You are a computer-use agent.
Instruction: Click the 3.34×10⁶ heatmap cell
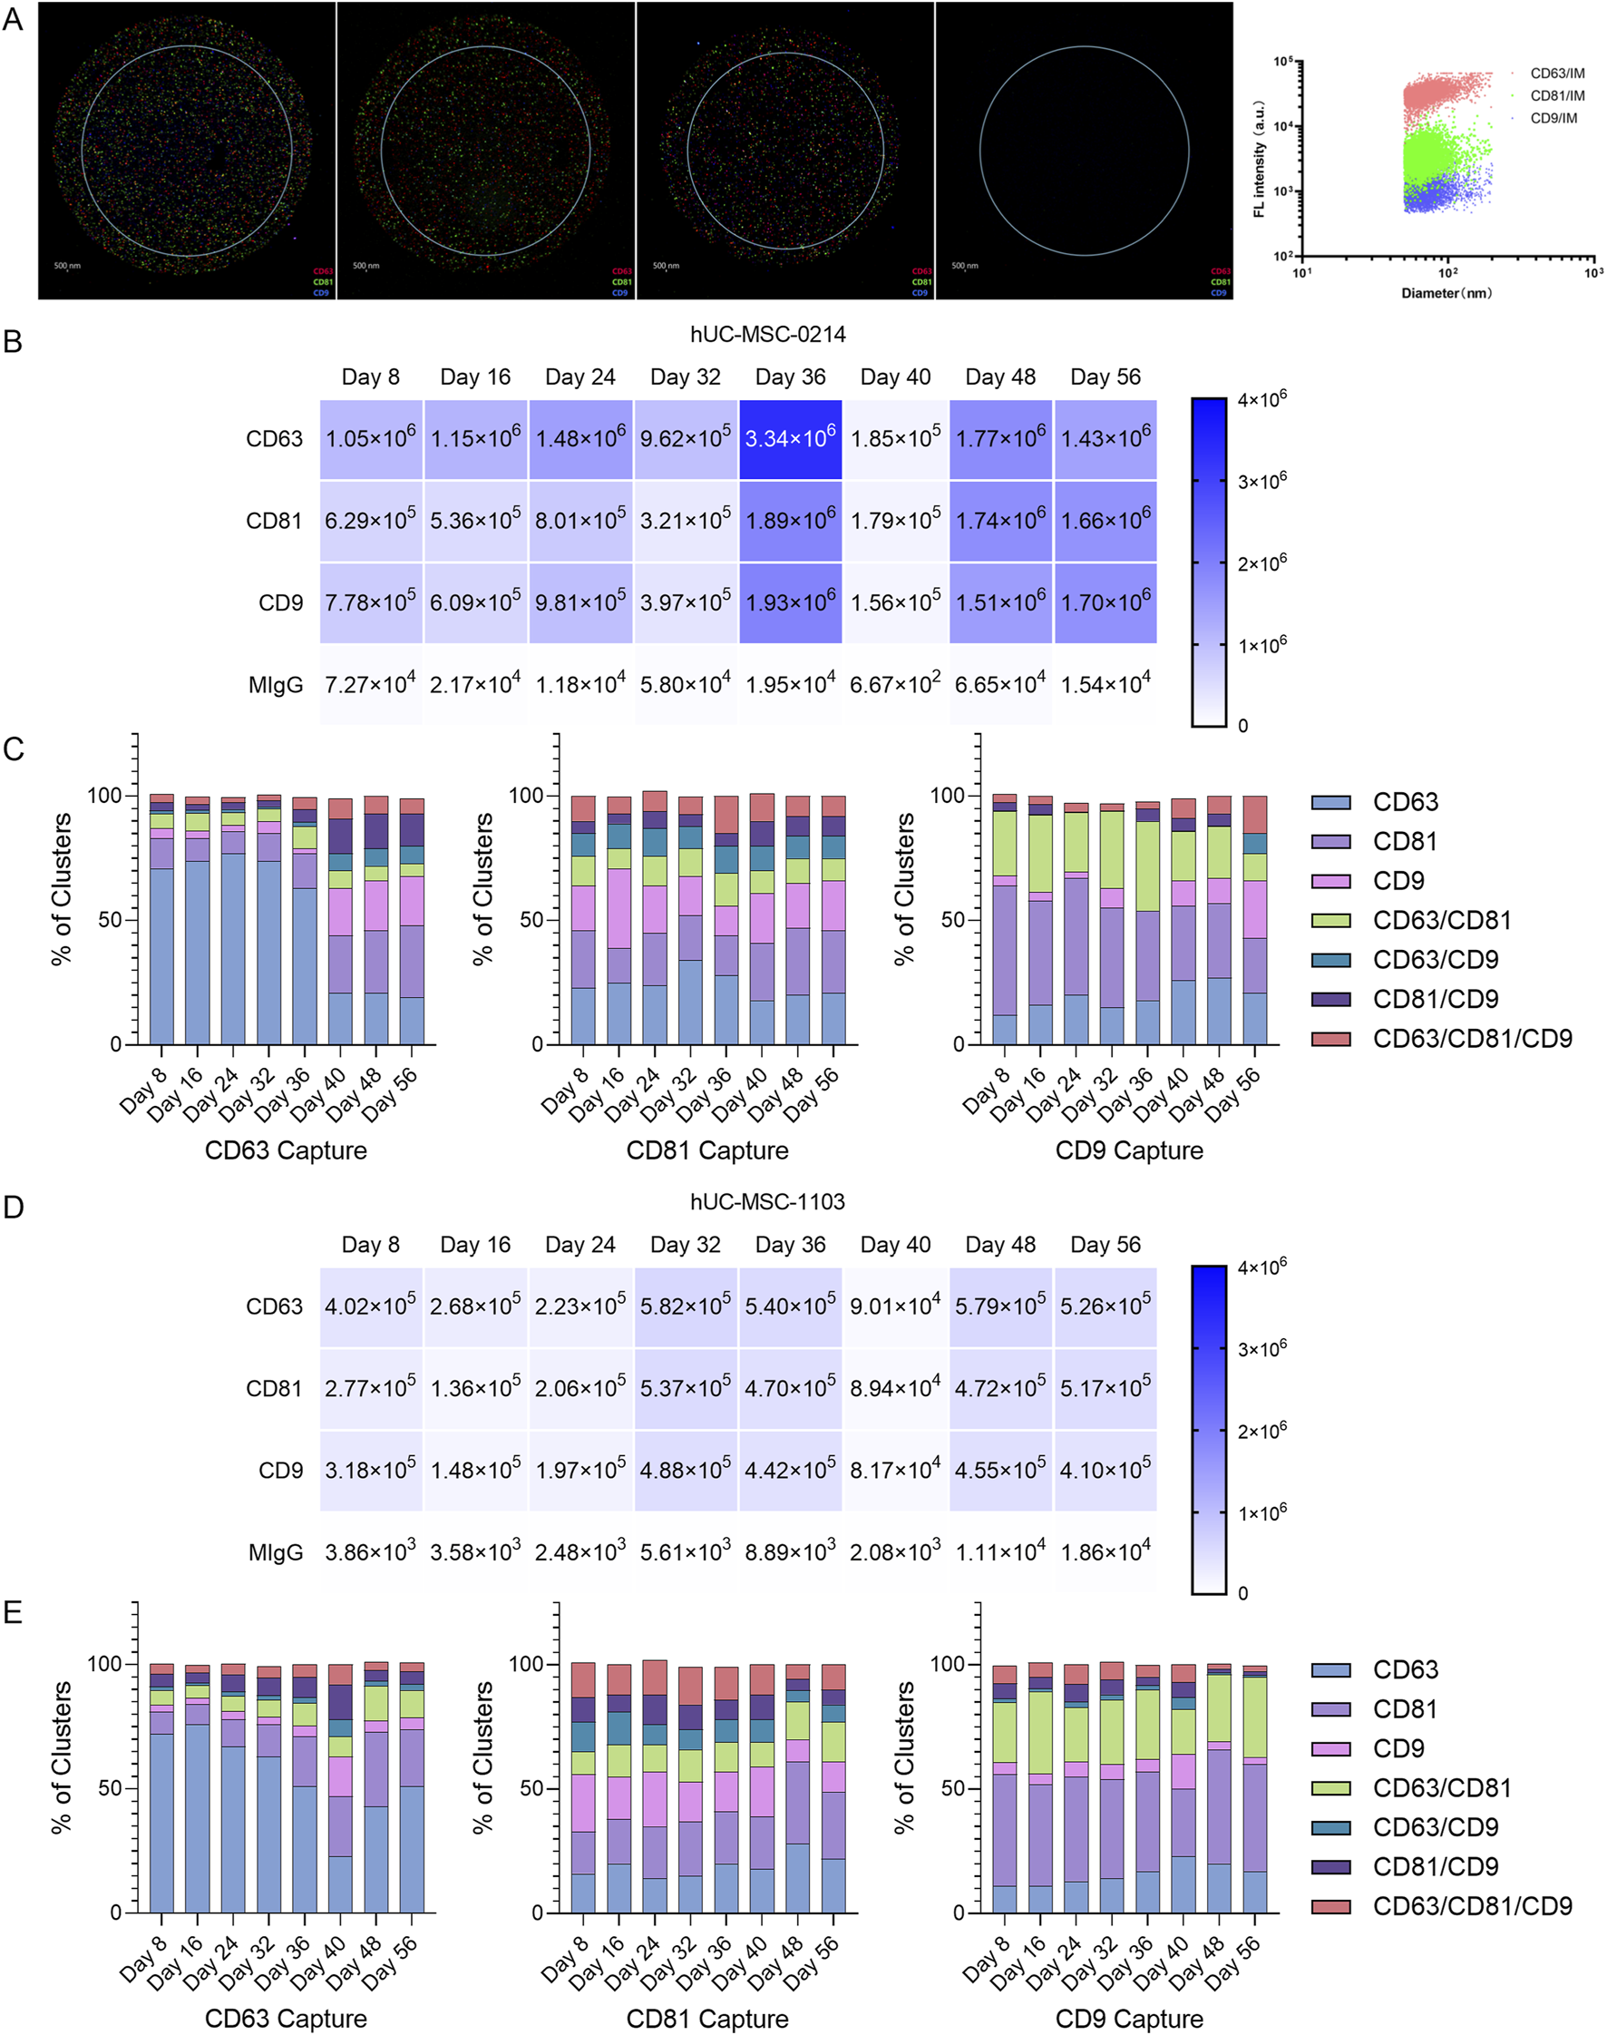(789, 438)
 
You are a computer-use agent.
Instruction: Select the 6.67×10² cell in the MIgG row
(895, 684)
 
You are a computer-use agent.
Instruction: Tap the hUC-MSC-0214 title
(767, 334)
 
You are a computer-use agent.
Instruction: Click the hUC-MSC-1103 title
(767, 1202)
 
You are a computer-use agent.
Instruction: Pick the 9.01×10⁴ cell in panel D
(895, 1306)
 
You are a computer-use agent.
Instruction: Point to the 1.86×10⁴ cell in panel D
(1105, 1552)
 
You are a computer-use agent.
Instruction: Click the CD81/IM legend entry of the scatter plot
(1556, 96)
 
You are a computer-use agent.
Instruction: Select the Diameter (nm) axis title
(1446, 294)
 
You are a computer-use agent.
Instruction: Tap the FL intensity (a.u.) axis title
(1260, 159)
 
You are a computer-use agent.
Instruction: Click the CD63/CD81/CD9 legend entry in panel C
(1472, 1038)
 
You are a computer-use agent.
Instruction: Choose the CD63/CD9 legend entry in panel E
(1435, 1827)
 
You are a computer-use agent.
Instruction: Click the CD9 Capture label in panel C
(1129, 1150)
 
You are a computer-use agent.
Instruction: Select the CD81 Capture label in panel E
(707, 2018)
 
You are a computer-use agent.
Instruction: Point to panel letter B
(14, 342)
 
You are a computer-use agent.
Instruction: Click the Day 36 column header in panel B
(789, 377)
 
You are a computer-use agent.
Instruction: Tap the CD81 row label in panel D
(274, 1388)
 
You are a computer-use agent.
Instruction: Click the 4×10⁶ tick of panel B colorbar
(1261, 399)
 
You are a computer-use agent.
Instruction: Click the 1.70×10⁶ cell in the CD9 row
(1105, 602)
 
